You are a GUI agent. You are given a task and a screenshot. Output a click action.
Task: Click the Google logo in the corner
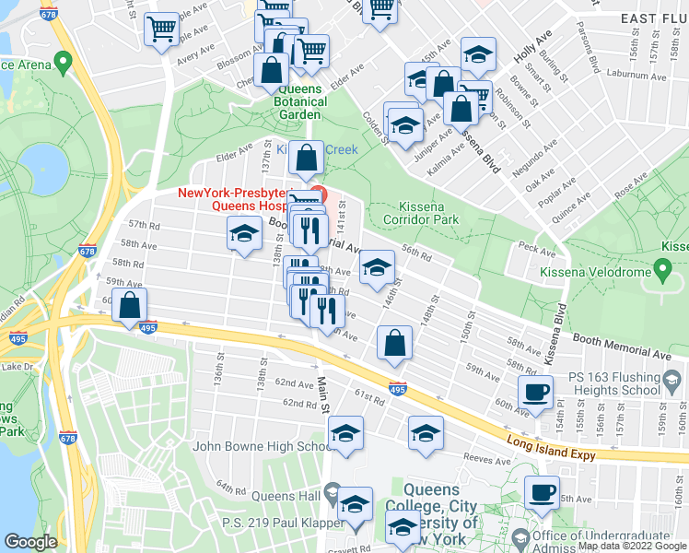point(30,542)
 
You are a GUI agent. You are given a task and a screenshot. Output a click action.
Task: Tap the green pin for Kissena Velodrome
point(661,269)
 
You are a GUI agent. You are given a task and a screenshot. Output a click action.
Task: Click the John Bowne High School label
point(262,447)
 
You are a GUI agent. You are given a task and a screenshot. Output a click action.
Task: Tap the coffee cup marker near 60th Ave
point(535,392)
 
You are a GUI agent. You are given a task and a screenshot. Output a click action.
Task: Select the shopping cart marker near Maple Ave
point(161,29)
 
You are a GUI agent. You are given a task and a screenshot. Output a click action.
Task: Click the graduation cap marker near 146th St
point(375,266)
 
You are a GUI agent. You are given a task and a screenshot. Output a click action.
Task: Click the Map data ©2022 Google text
point(632,546)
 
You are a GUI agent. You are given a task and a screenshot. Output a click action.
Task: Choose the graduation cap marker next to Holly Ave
point(478,54)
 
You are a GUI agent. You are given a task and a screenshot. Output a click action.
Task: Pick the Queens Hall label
point(289,497)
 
